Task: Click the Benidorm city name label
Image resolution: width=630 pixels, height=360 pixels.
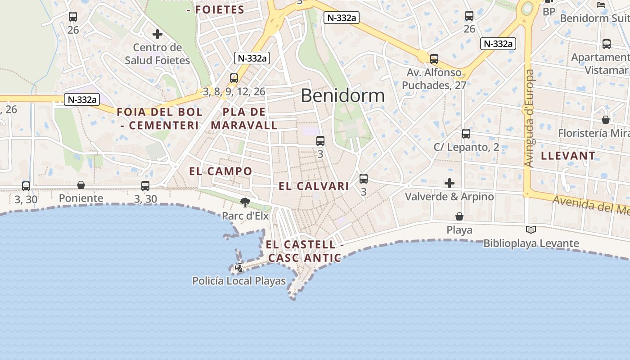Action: [342, 95]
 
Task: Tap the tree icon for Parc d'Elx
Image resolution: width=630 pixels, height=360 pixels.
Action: [245, 202]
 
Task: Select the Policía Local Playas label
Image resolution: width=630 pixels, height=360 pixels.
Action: [239, 281]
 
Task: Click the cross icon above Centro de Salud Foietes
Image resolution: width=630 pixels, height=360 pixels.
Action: [157, 34]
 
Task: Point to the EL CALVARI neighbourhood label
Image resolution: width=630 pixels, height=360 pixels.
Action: [314, 186]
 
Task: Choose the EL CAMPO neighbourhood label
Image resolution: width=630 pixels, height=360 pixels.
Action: [220, 171]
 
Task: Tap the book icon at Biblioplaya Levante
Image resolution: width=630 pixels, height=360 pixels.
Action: [531, 230]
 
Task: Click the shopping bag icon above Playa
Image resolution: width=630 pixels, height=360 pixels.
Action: [459, 217]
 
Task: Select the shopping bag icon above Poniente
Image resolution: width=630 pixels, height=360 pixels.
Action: [81, 185]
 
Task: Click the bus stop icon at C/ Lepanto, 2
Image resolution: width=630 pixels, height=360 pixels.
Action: [466, 134]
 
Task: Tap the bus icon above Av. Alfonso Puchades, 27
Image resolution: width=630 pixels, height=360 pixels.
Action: [434, 59]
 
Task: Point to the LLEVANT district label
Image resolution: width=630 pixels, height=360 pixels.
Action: [568, 156]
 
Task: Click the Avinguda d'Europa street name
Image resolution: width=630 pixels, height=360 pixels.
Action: [530, 118]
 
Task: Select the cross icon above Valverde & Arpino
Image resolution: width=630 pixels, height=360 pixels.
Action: [449, 183]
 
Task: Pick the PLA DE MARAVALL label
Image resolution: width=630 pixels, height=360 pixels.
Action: [244, 118]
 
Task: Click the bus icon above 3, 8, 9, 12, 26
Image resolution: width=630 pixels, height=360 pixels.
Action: [234, 78]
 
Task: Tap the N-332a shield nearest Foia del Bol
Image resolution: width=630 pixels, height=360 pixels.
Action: [81, 99]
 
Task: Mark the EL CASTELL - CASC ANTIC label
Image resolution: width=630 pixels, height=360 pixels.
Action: [305, 251]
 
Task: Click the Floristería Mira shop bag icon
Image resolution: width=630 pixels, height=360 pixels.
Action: [606, 120]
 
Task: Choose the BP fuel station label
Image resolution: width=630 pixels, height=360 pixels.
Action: [549, 12]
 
